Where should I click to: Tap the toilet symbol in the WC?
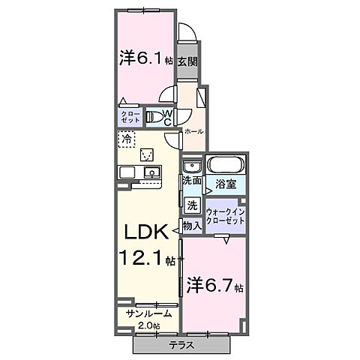[155, 116]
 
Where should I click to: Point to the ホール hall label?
[193, 130]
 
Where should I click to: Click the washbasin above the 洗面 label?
[191, 166]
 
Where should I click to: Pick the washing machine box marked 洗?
[192, 205]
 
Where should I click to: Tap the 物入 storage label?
[192, 225]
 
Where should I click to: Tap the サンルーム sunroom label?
[149, 313]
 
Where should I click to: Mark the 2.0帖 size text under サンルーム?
[149, 325]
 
